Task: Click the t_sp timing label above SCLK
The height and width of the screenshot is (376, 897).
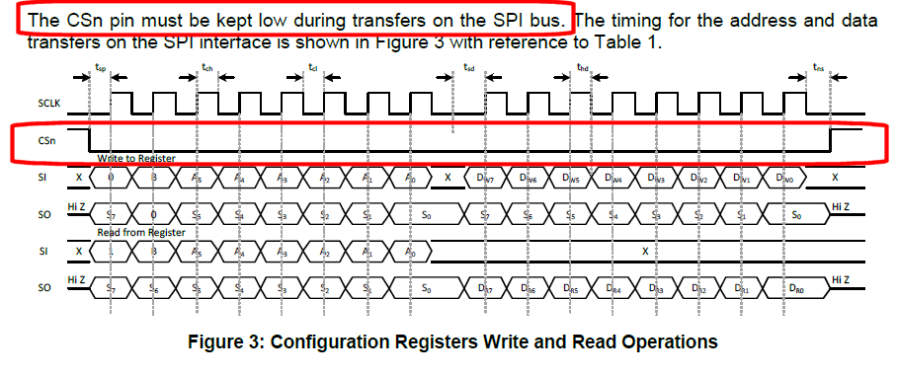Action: [101, 67]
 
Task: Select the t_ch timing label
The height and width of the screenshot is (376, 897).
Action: [206, 67]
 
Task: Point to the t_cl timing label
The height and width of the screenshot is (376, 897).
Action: [313, 67]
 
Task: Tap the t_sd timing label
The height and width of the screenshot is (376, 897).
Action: [468, 67]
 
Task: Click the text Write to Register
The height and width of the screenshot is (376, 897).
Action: [136, 158]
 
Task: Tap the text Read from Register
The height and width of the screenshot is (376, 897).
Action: [140, 232]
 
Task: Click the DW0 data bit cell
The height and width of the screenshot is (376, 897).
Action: [785, 178]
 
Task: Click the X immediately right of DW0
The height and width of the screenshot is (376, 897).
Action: [836, 178]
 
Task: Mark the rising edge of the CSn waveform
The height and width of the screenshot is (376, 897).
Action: [832, 139]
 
